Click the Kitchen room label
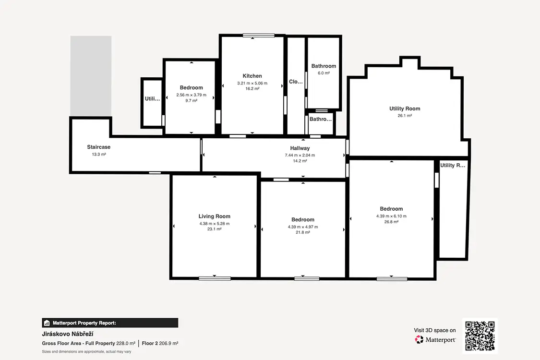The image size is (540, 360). [x=252, y=76]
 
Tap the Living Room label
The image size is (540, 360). [x=214, y=216]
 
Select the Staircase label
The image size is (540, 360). [x=98, y=147]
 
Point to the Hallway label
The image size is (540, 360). [x=300, y=148]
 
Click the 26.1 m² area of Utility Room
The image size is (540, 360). [x=405, y=116]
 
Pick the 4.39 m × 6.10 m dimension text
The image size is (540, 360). [x=391, y=216]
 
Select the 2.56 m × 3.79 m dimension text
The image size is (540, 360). [x=191, y=95]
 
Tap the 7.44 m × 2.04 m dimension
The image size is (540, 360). [x=300, y=155]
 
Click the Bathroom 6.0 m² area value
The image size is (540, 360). [x=324, y=73]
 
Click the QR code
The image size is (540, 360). [x=480, y=336]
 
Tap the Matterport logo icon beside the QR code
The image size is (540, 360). [x=419, y=340]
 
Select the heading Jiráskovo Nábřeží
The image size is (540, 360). [x=68, y=334]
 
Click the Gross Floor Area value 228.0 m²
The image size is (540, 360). [x=126, y=344]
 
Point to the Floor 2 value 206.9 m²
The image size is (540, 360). [x=168, y=344]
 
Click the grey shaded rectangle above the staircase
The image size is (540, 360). [x=91, y=76]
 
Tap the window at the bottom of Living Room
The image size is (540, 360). [x=215, y=278]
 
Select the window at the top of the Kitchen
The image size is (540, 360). [x=259, y=35]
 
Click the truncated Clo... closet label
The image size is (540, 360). [x=296, y=82]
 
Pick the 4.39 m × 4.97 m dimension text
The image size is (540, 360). [x=303, y=227]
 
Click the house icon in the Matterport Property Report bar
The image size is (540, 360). [x=47, y=323]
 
